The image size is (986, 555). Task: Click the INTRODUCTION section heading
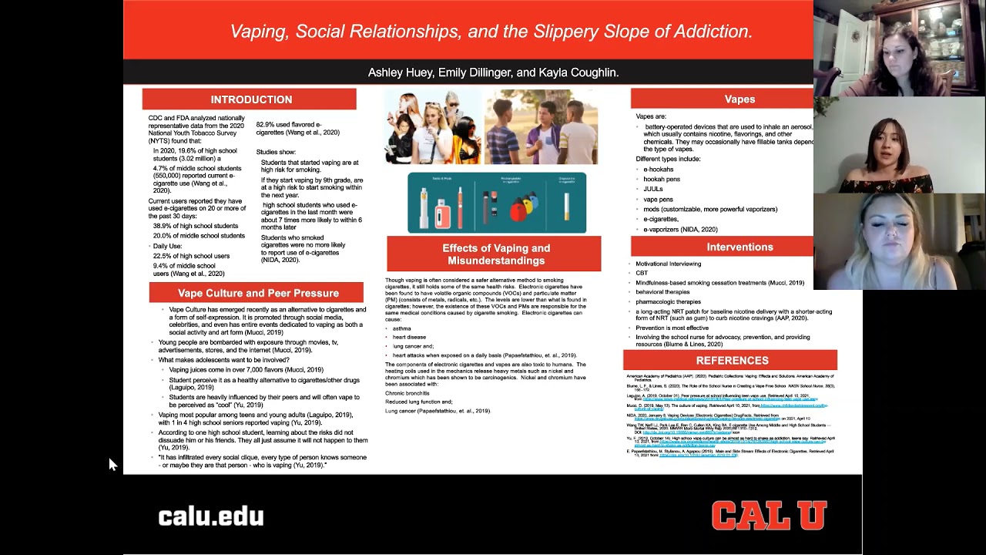point(251,99)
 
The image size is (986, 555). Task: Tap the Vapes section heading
point(739,99)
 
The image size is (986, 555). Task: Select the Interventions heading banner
point(739,247)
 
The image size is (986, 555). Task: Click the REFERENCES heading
point(732,360)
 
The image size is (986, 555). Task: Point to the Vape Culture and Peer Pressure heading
point(258,293)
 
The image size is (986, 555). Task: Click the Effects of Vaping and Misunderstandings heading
point(495,254)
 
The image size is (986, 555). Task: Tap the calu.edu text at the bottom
point(210,516)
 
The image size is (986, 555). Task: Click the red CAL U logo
point(768,515)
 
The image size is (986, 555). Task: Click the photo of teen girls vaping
point(433,127)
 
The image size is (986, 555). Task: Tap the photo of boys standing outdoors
point(542,127)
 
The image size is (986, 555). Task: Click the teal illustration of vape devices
point(496,203)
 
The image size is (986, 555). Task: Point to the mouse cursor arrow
point(112,463)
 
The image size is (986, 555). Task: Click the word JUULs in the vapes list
point(652,189)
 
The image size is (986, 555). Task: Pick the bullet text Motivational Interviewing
point(668,264)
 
